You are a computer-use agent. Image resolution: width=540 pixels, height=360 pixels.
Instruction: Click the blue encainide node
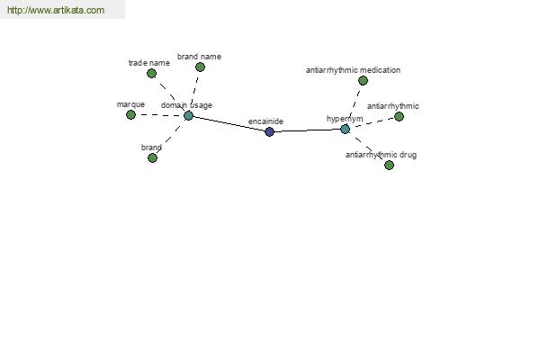(x=270, y=131)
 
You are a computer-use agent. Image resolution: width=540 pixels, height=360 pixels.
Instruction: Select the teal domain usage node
(x=188, y=115)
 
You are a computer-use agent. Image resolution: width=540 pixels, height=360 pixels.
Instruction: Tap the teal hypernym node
(x=345, y=130)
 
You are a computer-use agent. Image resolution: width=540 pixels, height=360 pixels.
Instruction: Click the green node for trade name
(x=151, y=74)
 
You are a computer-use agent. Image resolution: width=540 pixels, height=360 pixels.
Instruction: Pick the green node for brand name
(x=200, y=67)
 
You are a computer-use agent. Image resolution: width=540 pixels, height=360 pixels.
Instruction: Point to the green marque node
(x=130, y=114)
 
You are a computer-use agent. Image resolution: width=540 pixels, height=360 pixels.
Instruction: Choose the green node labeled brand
(x=152, y=157)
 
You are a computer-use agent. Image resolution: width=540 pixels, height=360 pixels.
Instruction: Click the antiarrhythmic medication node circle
(x=363, y=81)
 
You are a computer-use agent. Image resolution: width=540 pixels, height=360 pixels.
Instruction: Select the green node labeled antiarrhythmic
(x=399, y=117)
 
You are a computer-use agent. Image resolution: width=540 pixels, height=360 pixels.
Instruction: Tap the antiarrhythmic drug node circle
(x=389, y=166)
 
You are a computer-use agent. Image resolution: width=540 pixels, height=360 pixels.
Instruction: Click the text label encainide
(x=265, y=121)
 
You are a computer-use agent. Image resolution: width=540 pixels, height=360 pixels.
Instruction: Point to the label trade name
(x=149, y=63)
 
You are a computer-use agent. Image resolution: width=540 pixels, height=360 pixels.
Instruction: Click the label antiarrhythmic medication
(x=353, y=70)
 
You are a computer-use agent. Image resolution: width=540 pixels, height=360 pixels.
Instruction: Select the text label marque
(x=130, y=104)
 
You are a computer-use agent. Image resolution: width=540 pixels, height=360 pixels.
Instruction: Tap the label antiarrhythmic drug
(x=381, y=155)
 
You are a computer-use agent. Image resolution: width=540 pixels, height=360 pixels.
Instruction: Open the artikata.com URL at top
(x=56, y=10)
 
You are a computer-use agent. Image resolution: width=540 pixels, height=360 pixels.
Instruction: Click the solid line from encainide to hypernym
(x=307, y=130)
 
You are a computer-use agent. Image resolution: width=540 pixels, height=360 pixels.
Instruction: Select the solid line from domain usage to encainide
(x=229, y=123)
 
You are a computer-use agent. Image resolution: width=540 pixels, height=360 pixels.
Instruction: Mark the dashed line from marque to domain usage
(x=159, y=115)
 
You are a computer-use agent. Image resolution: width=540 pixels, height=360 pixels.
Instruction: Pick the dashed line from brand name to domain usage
(x=194, y=90)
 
